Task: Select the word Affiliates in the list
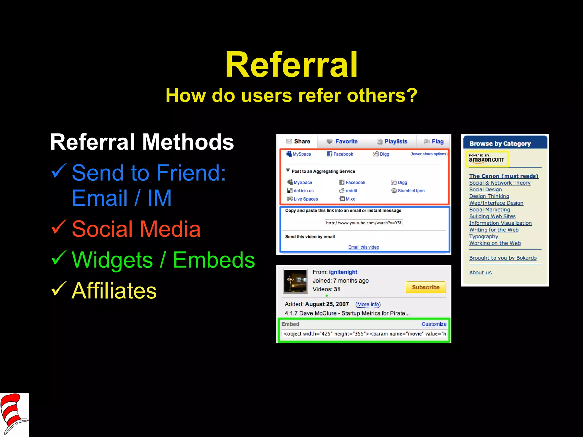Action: pos(114,291)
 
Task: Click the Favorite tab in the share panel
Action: pos(342,141)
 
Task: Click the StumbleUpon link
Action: pos(411,191)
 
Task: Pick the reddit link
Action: pos(351,191)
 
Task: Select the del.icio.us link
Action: pos(303,191)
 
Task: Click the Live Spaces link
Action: pos(305,199)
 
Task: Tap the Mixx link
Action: pos(350,199)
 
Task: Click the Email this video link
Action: pos(364,247)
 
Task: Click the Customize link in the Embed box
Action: pos(434,324)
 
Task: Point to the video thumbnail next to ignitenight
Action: pos(295,281)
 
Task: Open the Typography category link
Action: pos(484,236)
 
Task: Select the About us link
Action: pos(480,273)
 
